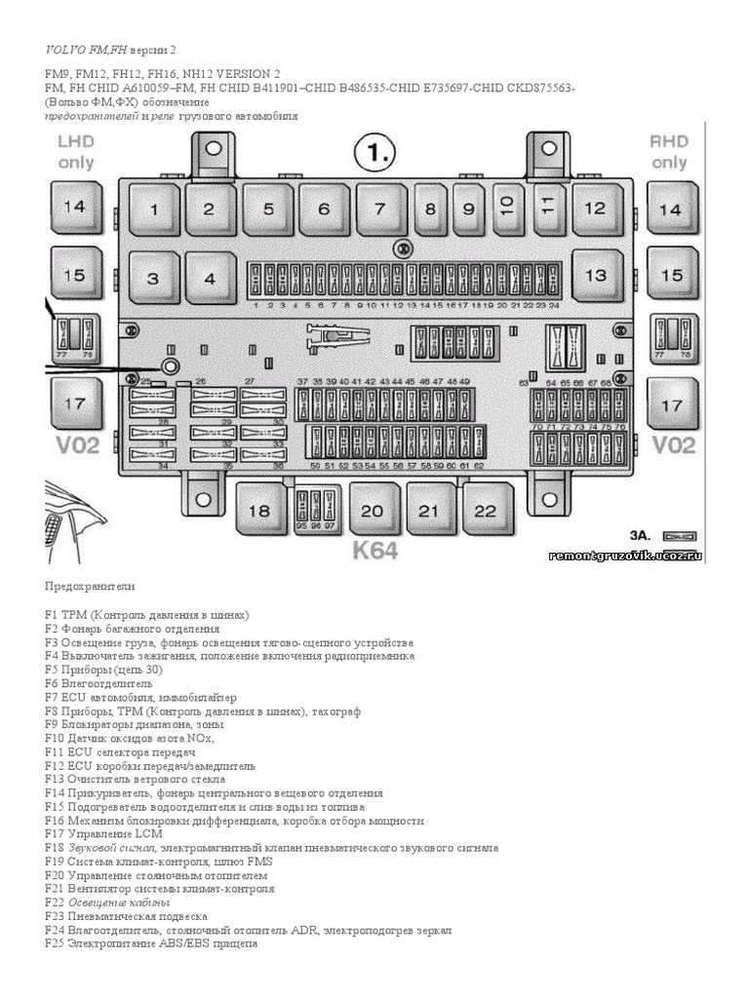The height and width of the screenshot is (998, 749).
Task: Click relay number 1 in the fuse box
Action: tap(153, 208)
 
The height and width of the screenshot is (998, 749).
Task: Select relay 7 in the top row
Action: tap(379, 208)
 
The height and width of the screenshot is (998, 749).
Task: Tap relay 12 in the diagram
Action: tap(595, 208)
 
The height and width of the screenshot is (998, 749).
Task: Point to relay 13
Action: tap(595, 275)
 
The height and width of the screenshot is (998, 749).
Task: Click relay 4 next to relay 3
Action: tap(209, 278)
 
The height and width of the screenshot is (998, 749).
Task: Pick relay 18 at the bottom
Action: tap(259, 511)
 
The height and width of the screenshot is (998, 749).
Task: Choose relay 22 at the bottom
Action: tap(486, 511)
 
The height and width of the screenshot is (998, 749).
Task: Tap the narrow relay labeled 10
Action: tap(505, 205)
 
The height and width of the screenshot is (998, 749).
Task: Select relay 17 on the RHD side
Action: tap(672, 404)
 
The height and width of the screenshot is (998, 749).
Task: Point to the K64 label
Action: tap(375, 551)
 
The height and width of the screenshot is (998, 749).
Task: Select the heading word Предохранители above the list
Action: tap(91, 588)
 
